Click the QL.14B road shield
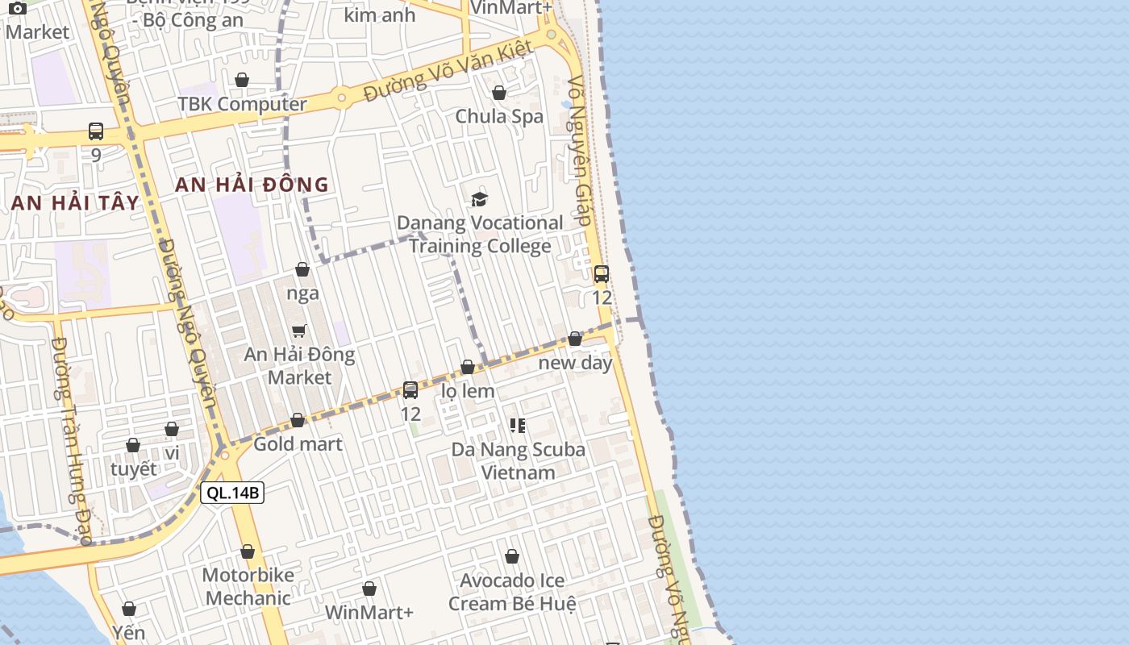tap(232, 493)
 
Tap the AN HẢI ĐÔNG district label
tap(252, 185)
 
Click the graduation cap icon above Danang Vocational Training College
tap(480, 199)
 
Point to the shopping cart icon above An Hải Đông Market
tap(299, 331)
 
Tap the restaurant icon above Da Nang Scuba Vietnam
tap(518, 425)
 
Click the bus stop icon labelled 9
tap(96, 131)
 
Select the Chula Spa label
tap(499, 116)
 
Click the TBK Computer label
tap(242, 104)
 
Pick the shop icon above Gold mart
tap(298, 421)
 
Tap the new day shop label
tap(575, 363)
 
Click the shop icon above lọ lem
tap(468, 368)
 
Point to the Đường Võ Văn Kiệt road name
tap(448, 71)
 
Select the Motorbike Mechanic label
tap(248, 587)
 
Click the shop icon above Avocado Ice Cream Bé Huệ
tap(512, 557)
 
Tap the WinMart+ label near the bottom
tap(369, 613)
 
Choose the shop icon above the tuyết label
tap(133, 446)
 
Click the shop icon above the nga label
tap(302, 269)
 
